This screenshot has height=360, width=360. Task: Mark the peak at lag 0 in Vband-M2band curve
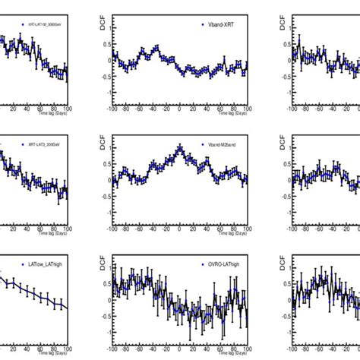pos(179,147)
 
